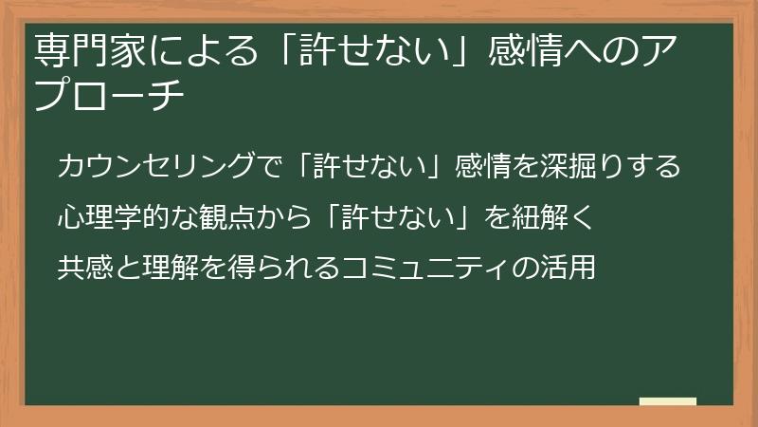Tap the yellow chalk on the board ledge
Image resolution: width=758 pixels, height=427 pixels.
667,401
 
